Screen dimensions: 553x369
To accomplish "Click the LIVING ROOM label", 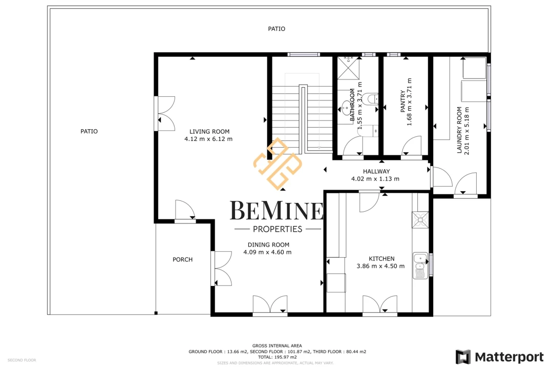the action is pos(209,131).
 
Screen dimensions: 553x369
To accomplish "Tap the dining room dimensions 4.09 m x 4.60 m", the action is pos(267,252).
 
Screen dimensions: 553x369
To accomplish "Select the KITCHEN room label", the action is pos(381,258).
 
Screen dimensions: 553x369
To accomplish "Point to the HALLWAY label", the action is pos(376,171).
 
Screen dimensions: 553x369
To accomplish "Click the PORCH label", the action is pos(183,259).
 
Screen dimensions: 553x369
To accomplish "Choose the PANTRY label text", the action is pos(403,101).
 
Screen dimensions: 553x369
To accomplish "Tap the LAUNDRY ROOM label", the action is pos(459,130).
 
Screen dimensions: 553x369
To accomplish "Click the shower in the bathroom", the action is pos(349,68).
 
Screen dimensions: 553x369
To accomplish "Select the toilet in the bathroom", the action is pos(370,99).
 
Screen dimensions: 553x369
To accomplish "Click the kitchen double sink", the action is pos(420,266).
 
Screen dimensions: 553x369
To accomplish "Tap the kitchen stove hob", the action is pos(420,220).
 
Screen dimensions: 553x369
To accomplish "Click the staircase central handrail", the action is pos(303,119).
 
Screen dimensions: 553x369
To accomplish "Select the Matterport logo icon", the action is pos(463,357).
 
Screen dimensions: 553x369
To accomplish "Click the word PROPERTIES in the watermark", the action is pos(278,229).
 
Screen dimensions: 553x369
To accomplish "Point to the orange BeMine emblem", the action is pos(278,163).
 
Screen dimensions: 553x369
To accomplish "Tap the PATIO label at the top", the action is pos(276,29).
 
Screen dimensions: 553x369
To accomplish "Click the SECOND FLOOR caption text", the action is pos(22,360).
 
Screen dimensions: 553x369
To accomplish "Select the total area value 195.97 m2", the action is pos(285,357).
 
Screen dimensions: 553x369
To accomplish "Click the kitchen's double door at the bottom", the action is pos(380,304).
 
